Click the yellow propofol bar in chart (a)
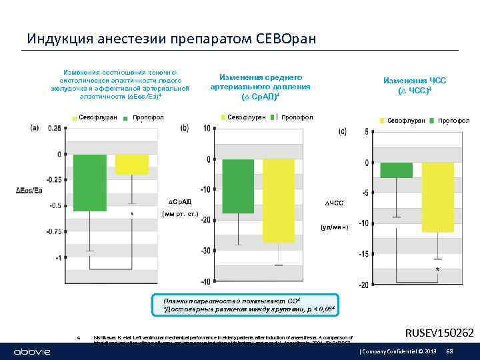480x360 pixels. coord(131,164)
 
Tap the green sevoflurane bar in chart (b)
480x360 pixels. coord(238,186)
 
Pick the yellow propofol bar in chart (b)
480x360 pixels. coord(278,201)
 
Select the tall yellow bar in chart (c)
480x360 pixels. coord(437,197)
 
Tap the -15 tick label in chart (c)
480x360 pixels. coord(363,254)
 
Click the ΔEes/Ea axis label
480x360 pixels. coord(29,191)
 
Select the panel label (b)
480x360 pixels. coord(184,128)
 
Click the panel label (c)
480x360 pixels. coord(342,132)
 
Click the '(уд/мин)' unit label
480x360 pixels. coord(334,227)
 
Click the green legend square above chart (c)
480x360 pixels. coord(382,121)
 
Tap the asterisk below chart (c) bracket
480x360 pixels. coord(437,269)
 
